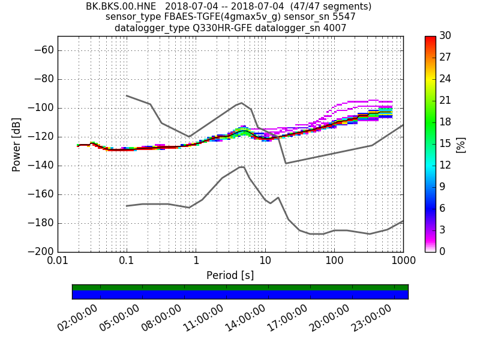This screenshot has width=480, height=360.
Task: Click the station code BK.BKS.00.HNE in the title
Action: pyautogui.click(x=118, y=7)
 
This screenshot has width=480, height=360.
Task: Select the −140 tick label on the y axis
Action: pyautogui.click(x=40, y=166)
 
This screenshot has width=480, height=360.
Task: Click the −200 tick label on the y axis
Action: pyautogui.click(x=40, y=252)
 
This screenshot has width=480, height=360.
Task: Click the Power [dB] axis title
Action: pyautogui.click(x=17, y=144)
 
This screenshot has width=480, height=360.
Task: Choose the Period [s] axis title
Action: pyautogui.click(x=230, y=275)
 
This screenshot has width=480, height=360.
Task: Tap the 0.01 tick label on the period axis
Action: pyautogui.click(x=58, y=262)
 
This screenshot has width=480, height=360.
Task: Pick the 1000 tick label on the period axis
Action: pyautogui.click(x=403, y=262)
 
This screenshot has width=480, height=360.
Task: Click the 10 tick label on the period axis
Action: pyautogui.click(x=265, y=262)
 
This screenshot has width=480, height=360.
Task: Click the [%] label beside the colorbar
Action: pyautogui.click(x=461, y=144)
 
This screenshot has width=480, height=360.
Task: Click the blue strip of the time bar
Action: pyautogui.click(x=240, y=295)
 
